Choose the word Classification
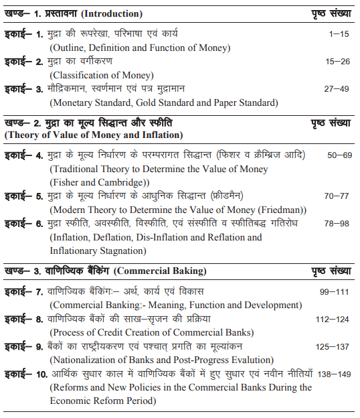81,75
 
